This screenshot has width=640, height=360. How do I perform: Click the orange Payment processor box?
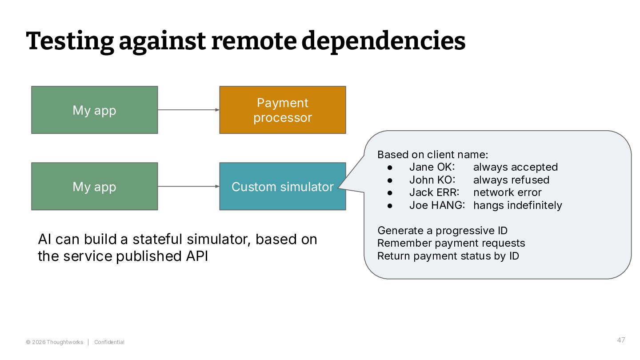(x=283, y=110)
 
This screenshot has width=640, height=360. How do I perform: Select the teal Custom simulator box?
(x=283, y=187)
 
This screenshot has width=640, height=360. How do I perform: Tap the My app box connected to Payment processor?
(x=95, y=110)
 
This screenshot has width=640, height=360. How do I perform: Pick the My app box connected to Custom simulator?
(x=95, y=187)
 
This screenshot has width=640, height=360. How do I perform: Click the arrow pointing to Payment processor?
(x=188, y=110)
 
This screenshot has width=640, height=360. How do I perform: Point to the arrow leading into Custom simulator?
(x=188, y=186)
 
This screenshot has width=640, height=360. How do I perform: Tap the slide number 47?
(x=621, y=340)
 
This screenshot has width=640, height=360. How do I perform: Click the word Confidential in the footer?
(x=109, y=342)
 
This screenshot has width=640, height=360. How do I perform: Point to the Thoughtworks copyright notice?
(x=55, y=342)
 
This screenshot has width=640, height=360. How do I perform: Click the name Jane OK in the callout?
(x=432, y=167)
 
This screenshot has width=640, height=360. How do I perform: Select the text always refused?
(x=511, y=180)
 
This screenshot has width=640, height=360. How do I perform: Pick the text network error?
(x=507, y=192)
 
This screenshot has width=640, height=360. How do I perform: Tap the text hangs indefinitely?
(x=517, y=205)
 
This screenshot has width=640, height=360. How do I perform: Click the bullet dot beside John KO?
(x=390, y=180)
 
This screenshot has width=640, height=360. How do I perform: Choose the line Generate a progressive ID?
(x=442, y=230)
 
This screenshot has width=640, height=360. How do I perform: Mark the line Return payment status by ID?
(x=448, y=256)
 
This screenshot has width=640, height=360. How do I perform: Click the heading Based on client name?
(x=432, y=155)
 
